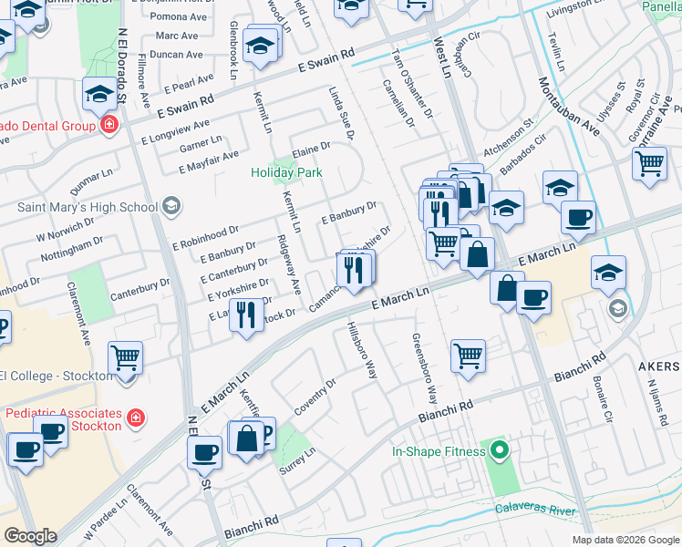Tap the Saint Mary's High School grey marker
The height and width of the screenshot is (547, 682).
point(170,207)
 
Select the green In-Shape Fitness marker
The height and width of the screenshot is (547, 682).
point(499,450)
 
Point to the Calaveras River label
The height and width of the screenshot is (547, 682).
point(535,511)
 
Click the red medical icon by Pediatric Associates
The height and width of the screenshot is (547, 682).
point(135,418)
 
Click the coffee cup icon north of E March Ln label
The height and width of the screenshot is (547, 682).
point(578,218)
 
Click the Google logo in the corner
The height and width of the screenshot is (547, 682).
point(30,536)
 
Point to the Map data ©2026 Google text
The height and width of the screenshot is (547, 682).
point(625,540)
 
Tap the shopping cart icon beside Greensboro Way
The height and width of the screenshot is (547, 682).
point(468,355)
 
